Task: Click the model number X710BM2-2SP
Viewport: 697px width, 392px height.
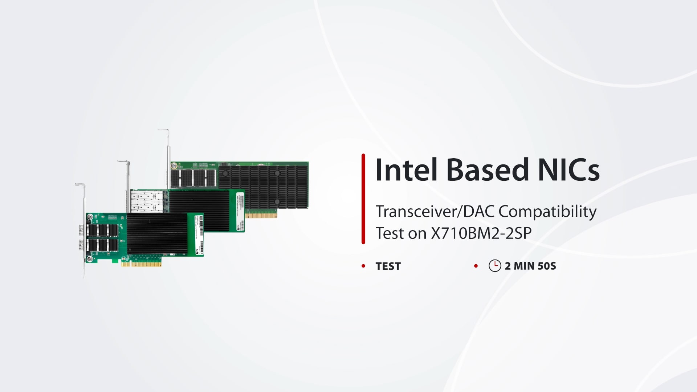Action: pos(481,233)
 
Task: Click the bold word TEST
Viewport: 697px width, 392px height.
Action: pos(388,266)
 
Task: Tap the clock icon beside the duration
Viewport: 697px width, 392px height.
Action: pos(495,266)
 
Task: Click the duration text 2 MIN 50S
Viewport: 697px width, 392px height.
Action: pos(530,266)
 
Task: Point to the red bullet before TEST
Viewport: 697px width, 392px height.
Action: pos(363,266)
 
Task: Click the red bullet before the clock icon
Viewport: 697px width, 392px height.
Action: pos(476,266)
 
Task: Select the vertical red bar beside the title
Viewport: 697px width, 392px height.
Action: pos(363,199)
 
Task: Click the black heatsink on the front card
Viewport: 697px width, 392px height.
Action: pos(156,233)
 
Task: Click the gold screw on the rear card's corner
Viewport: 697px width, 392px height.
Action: pos(174,166)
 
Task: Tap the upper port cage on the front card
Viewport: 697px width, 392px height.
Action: pos(103,230)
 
